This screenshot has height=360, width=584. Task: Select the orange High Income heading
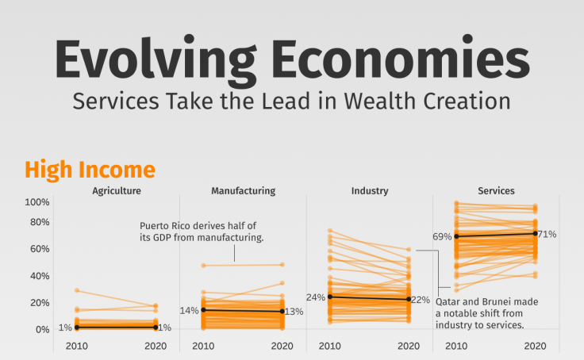coord(90,170)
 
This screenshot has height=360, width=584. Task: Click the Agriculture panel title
coord(117,191)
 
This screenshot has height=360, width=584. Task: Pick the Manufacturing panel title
coord(243,191)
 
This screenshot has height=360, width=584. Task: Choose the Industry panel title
coord(370,191)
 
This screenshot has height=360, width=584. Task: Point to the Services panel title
coord(496,191)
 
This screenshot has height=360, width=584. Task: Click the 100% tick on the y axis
coord(37,202)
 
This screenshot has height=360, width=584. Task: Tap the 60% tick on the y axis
coord(40,249)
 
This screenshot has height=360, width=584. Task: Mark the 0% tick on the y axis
coord(43,329)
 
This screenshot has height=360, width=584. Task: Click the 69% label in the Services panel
coord(442,236)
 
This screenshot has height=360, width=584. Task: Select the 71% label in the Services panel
coord(547,234)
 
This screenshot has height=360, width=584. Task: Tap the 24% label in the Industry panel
coord(316,297)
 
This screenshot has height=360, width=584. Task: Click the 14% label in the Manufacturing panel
coord(190,310)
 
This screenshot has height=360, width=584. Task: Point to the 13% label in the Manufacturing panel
coord(293,312)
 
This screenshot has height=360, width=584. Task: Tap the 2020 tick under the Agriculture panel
coord(156,347)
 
